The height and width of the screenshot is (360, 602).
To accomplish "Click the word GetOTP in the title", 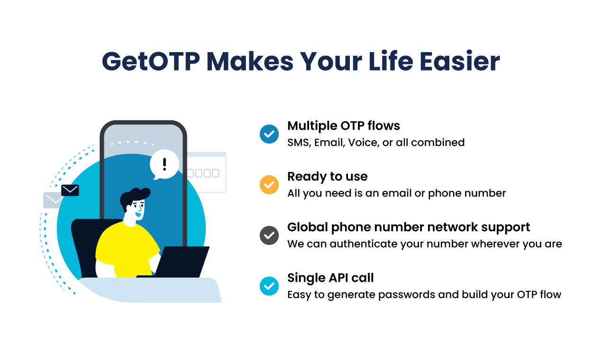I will pyautogui.click(x=150, y=62).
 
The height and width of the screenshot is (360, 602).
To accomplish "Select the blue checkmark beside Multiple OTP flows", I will pyautogui.click(x=269, y=134).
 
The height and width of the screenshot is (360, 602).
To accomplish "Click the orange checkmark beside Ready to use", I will pyautogui.click(x=269, y=185).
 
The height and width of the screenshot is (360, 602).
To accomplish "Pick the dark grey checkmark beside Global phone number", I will pyautogui.click(x=269, y=235).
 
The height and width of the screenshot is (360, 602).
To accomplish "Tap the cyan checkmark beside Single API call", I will pyautogui.click(x=269, y=286).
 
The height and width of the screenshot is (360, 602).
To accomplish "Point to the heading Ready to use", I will pyautogui.click(x=328, y=176).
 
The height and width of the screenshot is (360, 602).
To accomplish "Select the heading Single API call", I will pyautogui.click(x=330, y=278).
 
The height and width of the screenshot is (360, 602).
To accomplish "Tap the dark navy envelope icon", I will pyautogui.click(x=70, y=190).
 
